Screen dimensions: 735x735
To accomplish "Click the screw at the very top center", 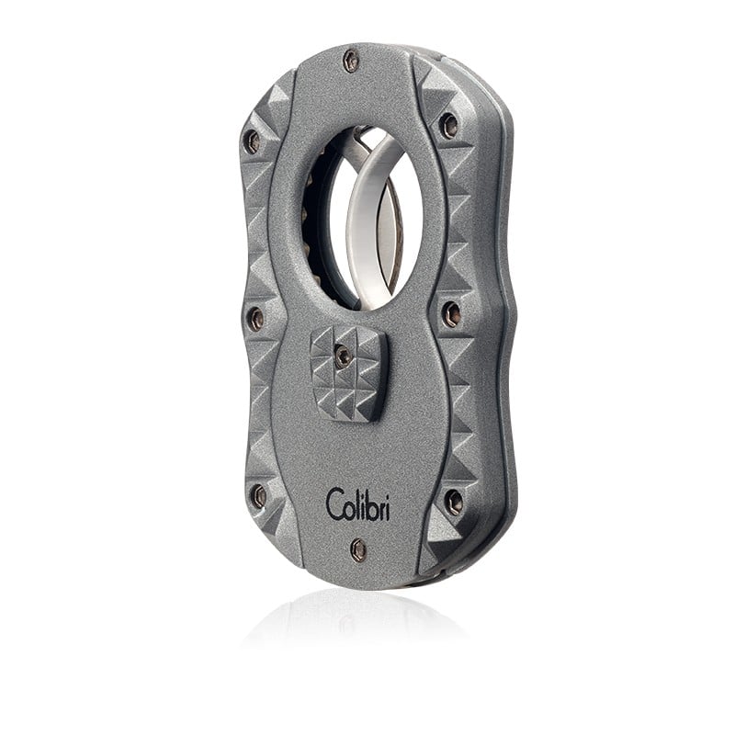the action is [x=351, y=60].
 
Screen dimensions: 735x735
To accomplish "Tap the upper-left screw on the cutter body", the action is [x=253, y=139].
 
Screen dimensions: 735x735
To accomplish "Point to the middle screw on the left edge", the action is [x=256, y=317].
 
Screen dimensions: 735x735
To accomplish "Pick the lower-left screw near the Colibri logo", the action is [x=258, y=494].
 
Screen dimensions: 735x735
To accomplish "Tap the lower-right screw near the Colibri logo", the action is [x=453, y=500].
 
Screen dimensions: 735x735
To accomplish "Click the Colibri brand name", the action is [x=358, y=504].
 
